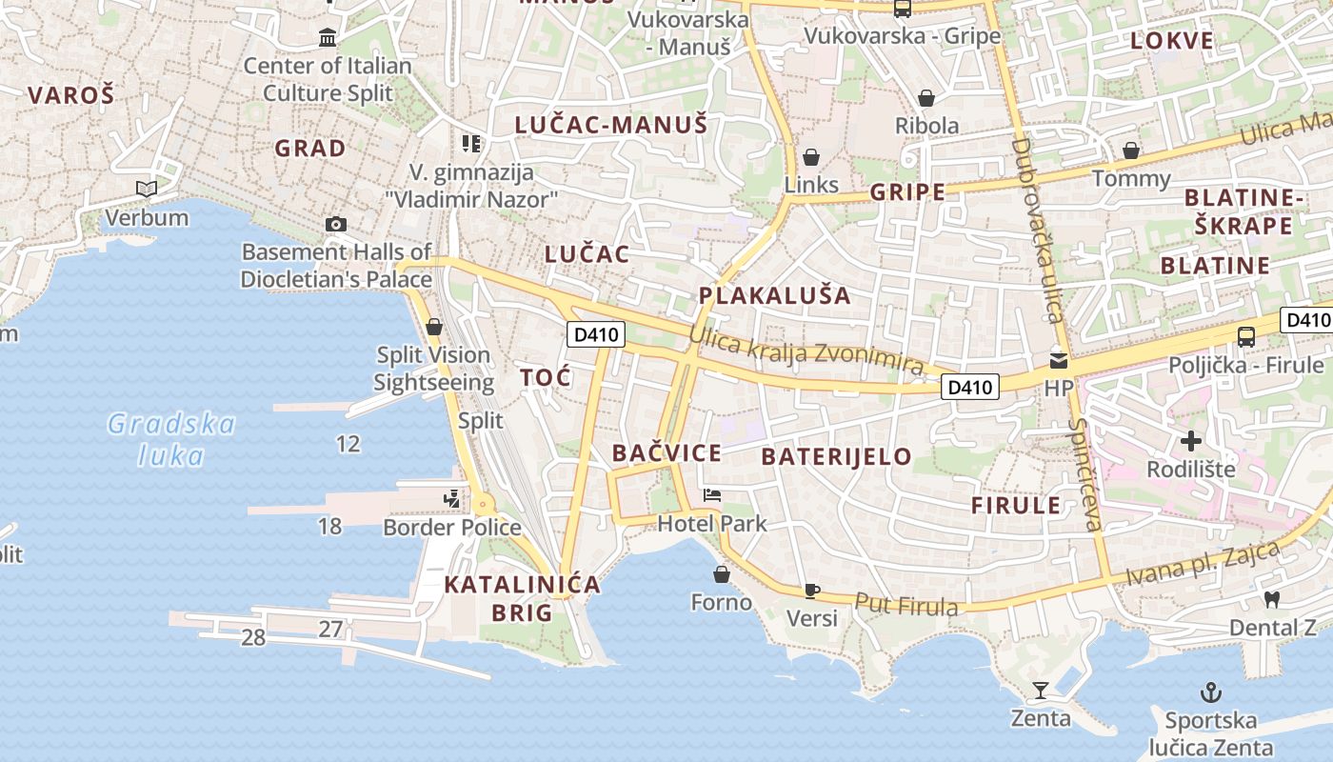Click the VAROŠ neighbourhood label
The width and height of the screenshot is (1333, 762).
[x=70, y=95]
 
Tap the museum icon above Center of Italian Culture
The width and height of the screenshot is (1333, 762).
[x=328, y=37]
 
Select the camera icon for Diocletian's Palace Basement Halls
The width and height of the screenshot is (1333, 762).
[x=335, y=224]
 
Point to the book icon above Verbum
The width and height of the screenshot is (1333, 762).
[x=146, y=190]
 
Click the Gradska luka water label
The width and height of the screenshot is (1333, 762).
[x=171, y=439]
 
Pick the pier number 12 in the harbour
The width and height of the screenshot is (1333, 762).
[x=348, y=443]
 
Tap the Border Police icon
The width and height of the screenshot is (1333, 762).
[x=451, y=498]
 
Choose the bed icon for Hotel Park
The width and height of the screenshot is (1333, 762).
[x=711, y=495]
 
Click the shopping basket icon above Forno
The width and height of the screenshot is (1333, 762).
[x=722, y=574]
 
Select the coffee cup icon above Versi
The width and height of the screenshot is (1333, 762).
[x=811, y=591]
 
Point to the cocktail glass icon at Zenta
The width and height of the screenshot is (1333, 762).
[x=1040, y=691]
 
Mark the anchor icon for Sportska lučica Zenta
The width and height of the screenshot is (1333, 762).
[x=1210, y=692]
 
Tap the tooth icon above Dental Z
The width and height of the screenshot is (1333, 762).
[x=1271, y=599]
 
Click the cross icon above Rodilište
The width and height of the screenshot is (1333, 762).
[x=1190, y=441]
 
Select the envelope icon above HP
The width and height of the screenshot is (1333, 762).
[x=1059, y=361]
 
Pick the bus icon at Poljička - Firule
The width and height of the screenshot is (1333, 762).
[x=1245, y=336]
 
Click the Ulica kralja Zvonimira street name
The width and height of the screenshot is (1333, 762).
[x=806, y=350]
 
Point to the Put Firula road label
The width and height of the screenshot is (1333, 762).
[x=906, y=604]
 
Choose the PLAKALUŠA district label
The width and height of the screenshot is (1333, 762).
[x=775, y=295]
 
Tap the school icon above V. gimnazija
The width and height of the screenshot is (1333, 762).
[x=471, y=144]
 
